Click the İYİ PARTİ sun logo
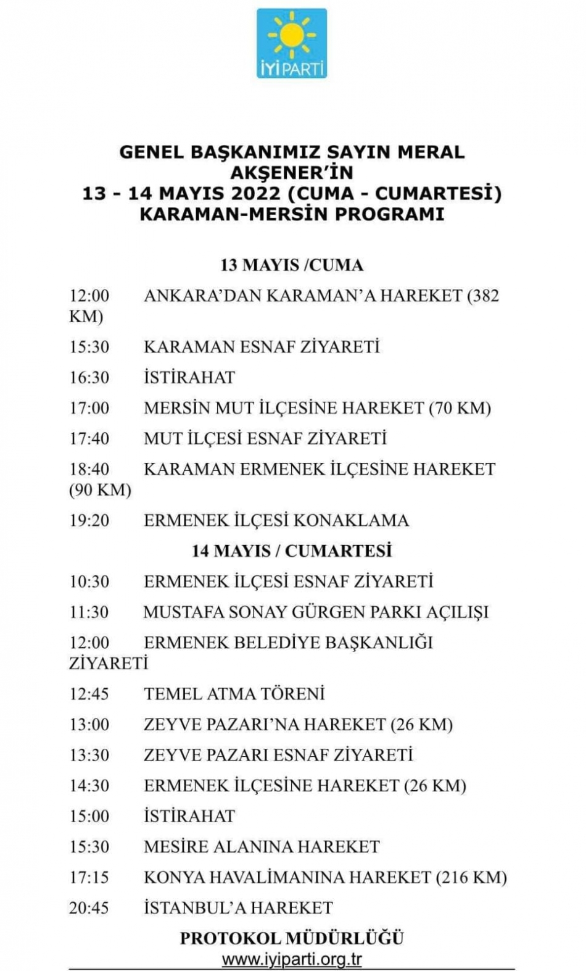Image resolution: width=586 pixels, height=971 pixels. point(291,43)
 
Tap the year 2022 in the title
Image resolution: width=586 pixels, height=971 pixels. point(256,193)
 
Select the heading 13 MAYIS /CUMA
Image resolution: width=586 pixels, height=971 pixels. point(292,265)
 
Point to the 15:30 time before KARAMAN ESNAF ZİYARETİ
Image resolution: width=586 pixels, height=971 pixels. point(89,346)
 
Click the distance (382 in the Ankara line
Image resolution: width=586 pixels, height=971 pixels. point(483,295)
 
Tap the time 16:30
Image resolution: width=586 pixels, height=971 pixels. point(89,377)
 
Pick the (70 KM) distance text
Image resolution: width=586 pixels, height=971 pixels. point(460,408)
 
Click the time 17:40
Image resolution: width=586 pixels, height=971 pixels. point(89,438)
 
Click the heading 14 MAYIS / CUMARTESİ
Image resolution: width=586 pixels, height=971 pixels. point(292,551)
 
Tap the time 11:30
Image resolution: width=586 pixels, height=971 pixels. point(89,612)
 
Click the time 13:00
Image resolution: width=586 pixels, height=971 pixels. point(89,724)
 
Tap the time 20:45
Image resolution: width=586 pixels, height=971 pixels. point(89,907)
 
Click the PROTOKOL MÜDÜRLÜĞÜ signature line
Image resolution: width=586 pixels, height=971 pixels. point(292,938)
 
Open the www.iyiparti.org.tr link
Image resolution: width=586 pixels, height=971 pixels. point(292,960)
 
